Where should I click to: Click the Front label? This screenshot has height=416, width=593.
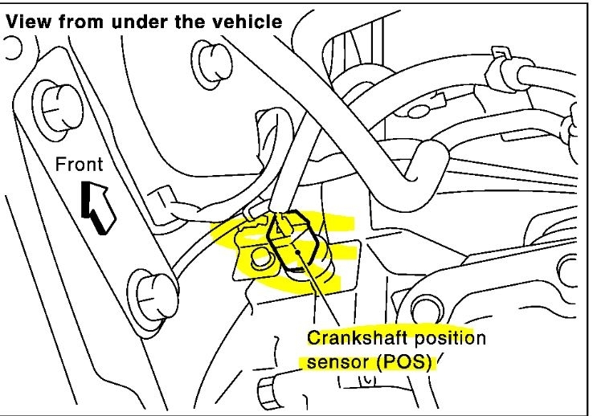point(79,165)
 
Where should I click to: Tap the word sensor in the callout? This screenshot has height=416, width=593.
point(331,361)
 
